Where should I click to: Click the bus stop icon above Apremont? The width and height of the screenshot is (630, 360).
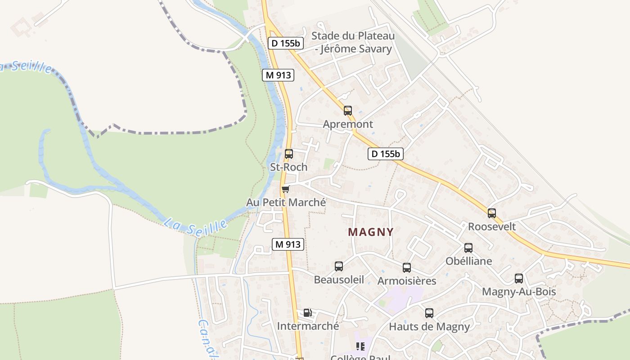[x=347, y=110]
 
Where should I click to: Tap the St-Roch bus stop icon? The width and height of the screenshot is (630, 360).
[x=289, y=153]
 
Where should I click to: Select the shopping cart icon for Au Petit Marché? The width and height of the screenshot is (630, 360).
[x=285, y=189]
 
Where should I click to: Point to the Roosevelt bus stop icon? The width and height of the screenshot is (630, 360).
[x=492, y=213]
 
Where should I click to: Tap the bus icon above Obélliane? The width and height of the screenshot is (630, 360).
[x=468, y=247]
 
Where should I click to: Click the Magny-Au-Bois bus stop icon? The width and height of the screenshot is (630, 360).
[x=519, y=278]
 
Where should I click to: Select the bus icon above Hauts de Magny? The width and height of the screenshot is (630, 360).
[x=429, y=313]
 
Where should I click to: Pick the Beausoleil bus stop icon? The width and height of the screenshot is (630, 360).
[x=339, y=266]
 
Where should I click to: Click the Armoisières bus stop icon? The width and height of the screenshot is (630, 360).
[x=407, y=267]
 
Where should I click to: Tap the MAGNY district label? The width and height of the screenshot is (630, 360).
[x=371, y=232]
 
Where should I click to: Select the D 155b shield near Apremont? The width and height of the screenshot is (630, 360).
[x=386, y=154]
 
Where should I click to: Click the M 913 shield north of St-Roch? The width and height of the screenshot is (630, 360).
[x=278, y=75]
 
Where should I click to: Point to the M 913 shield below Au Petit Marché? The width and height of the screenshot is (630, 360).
[x=288, y=244]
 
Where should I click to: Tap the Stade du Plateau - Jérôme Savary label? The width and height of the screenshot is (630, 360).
[x=353, y=42]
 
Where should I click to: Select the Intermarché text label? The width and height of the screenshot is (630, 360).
[x=308, y=326]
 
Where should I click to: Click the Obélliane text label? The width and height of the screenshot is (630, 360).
[x=468, y=261]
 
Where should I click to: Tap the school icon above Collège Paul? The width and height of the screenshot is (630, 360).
[x=360, y=346]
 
